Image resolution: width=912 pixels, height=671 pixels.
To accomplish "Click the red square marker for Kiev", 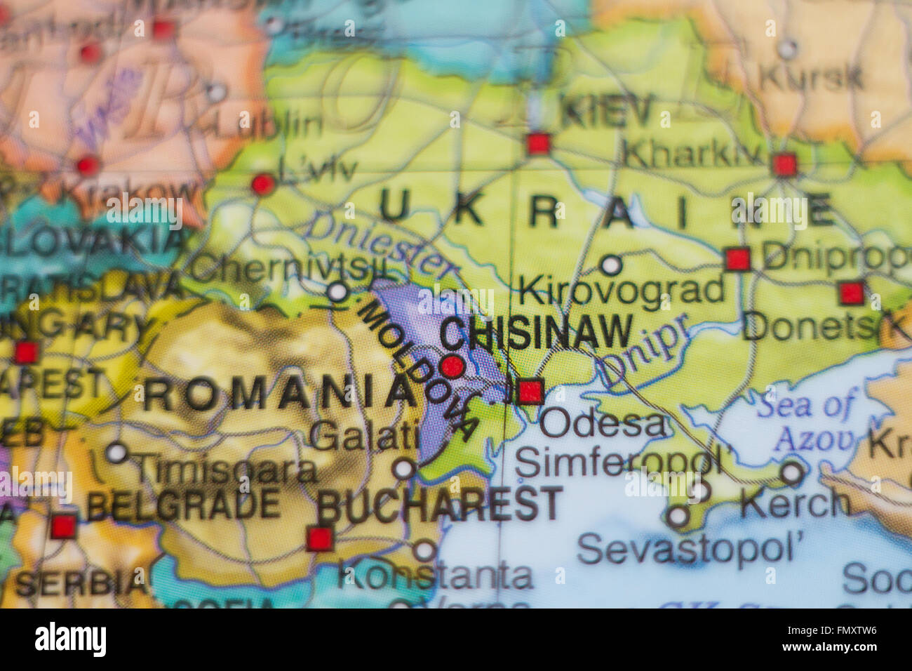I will click(x=538, y=144).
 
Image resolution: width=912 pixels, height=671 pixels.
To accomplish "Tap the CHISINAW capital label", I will click(x=536, y=332).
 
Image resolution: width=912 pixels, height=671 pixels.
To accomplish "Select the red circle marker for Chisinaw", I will click(x=452, y=366).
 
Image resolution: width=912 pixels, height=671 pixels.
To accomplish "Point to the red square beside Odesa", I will click(x=530, y=391).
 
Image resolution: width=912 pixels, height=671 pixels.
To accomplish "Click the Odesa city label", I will click(x=603, y=423).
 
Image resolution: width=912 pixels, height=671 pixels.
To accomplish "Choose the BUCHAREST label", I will click(x=440, y=505).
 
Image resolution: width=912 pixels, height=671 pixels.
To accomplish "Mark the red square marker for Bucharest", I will click(x=319, y=539).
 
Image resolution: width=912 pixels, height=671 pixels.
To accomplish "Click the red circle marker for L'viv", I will click(x=262, y=184).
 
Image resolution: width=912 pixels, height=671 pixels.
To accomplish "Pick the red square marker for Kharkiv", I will click(x=784, y=165).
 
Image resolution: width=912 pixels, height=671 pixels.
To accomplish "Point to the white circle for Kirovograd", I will click(x=611, y=265).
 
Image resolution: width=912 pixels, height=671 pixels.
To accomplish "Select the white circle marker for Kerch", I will click(x=792, y=472).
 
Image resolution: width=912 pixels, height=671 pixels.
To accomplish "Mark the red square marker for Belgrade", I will click(x=63, y=526).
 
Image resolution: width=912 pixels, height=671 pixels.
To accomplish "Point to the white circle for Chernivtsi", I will click(x=338, y=291).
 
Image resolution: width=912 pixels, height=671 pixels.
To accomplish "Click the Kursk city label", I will click(x=810, y=77).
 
